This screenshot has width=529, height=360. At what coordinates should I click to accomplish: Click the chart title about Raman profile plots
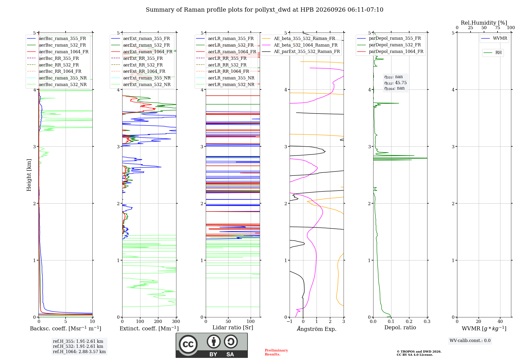[264, 10]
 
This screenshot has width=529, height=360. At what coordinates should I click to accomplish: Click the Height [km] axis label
[29, 175]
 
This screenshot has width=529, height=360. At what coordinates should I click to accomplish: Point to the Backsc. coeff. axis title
[66, 328]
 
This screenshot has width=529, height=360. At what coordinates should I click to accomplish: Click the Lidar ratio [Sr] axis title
[233, 327]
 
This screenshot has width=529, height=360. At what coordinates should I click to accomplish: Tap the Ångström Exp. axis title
[317, 329]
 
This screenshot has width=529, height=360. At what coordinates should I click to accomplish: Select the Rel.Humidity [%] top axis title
[484, 23]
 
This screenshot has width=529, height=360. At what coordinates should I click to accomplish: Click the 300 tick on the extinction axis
[176, 321]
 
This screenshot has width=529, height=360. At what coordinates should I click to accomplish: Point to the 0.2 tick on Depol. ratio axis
[409, 321]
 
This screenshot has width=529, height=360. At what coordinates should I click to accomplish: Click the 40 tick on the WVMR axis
[500, 321]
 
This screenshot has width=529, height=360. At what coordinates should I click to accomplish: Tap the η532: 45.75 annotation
[395, 83]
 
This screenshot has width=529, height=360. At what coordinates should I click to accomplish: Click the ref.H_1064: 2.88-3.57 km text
[79, 352]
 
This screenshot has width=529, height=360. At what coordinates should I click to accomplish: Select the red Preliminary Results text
[276, 352]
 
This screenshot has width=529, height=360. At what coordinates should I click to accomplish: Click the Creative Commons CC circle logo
[188, 344]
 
